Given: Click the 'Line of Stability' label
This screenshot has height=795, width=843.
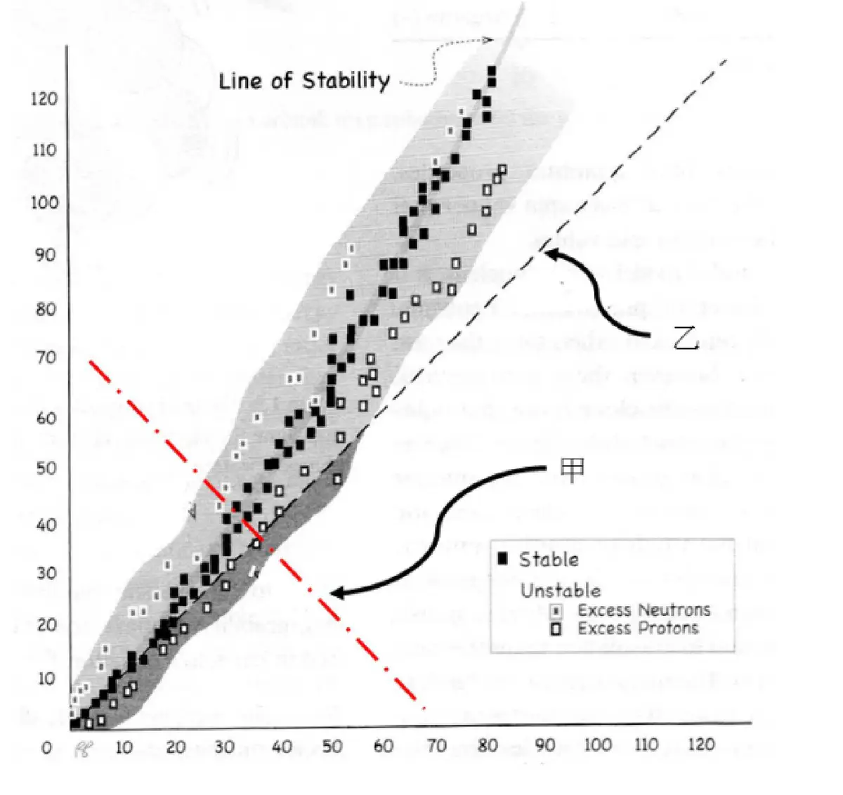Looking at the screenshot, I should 303,81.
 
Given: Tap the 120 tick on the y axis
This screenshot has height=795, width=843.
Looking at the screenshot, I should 44,98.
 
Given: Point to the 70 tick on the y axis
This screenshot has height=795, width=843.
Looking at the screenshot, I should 46,357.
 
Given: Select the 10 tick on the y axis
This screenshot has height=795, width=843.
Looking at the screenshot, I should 46,678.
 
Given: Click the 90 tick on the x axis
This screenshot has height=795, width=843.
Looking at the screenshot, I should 544,745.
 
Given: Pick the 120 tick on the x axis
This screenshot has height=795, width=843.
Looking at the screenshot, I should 700,744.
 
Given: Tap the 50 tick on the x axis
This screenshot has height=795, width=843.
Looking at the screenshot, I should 332,746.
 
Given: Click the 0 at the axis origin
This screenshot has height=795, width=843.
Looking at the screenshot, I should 46,747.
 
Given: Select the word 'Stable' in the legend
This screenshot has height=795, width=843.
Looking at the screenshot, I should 549,560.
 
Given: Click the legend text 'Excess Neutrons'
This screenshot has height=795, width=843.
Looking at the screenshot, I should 643,610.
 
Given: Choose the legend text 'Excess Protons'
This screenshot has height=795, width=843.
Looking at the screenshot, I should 638,628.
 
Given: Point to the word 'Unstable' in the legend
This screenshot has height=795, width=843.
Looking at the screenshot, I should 561,590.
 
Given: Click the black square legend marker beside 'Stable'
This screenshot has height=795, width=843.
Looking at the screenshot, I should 502,559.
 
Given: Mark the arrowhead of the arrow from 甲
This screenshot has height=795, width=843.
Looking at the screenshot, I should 334,593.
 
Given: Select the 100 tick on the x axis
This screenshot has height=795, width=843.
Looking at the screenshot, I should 597,745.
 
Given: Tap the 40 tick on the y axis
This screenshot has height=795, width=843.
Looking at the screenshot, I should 46,525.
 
